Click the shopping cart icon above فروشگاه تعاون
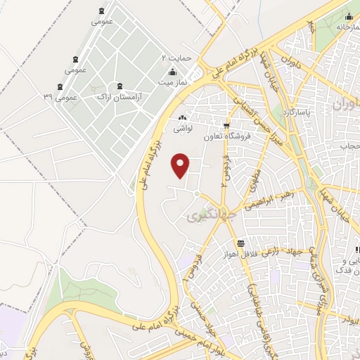click(x=225, y=127)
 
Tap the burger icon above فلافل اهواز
click(x=242, y=243)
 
